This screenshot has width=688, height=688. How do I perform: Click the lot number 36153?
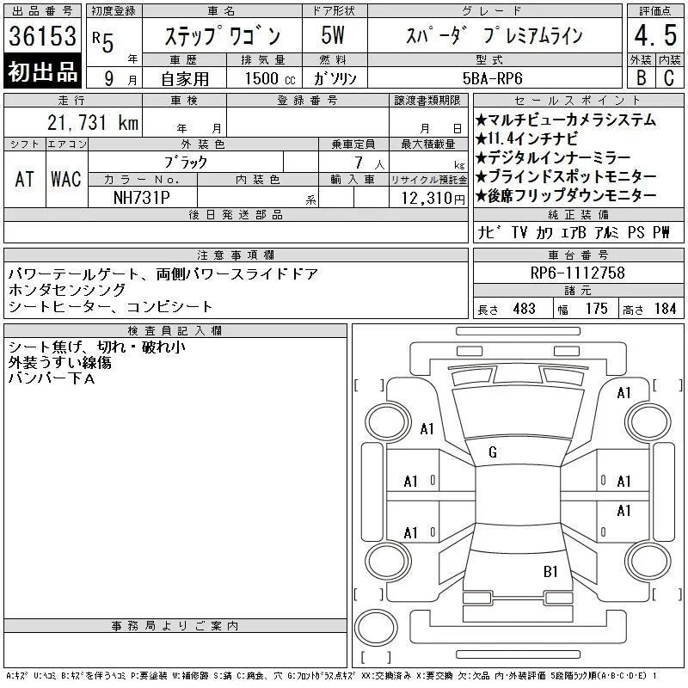tap(42, 36)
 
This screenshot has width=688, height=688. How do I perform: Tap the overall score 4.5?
tap(655, 35)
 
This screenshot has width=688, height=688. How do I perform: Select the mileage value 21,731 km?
tap(93, 123)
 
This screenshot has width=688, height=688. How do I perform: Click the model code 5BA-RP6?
tap(492, 78)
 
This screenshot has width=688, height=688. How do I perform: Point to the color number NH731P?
tap(141, 198)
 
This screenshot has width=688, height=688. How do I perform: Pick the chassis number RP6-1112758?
tap(577, 273)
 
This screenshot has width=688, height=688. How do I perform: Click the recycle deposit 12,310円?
tap(433, 199)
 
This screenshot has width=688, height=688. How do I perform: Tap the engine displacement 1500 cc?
tap(270, 78)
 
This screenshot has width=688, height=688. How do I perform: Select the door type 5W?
tap(333, 35)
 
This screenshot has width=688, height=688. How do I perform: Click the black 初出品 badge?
tap(42, 71)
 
